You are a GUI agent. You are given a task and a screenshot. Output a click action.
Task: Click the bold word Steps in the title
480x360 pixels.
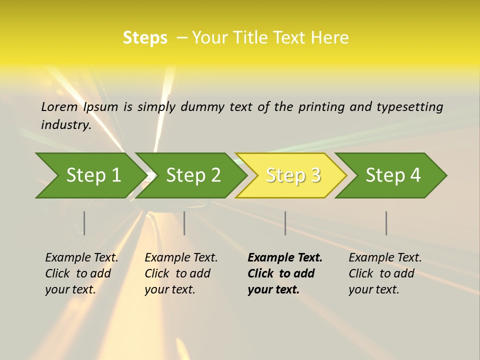point(145,38)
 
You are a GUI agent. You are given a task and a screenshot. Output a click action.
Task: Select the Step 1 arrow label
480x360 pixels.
point(93,175)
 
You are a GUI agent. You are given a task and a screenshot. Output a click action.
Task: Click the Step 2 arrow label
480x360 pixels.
point(193,175)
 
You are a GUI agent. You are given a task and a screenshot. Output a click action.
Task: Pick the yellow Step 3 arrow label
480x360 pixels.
point(293,175)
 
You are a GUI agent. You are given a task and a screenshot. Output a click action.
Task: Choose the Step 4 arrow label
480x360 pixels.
point(393,175)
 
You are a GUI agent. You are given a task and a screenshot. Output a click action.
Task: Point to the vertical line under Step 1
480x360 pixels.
point(84,223)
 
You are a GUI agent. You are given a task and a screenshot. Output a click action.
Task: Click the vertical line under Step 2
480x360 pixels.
point(184,223)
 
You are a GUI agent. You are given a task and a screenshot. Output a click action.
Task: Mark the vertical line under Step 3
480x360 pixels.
point(285,223)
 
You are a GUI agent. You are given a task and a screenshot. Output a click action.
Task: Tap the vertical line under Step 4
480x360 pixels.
point(386,223)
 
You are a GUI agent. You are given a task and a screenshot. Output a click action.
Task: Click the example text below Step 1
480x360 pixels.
point(81,273)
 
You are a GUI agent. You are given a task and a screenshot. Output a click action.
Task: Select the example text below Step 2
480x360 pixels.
point(181,273)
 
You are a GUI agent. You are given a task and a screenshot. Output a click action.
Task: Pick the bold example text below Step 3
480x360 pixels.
point(284,273)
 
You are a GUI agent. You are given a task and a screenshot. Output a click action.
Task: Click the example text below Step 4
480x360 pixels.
point(385,273)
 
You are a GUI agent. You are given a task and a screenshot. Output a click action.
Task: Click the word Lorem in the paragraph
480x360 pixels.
point(59,106)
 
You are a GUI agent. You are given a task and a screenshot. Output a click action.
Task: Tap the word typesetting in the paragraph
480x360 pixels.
point(409,106)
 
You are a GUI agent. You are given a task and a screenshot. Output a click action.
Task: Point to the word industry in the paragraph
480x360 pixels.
point(65,124)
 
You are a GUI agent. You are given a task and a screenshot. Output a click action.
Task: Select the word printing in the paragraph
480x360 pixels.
point(321,106)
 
